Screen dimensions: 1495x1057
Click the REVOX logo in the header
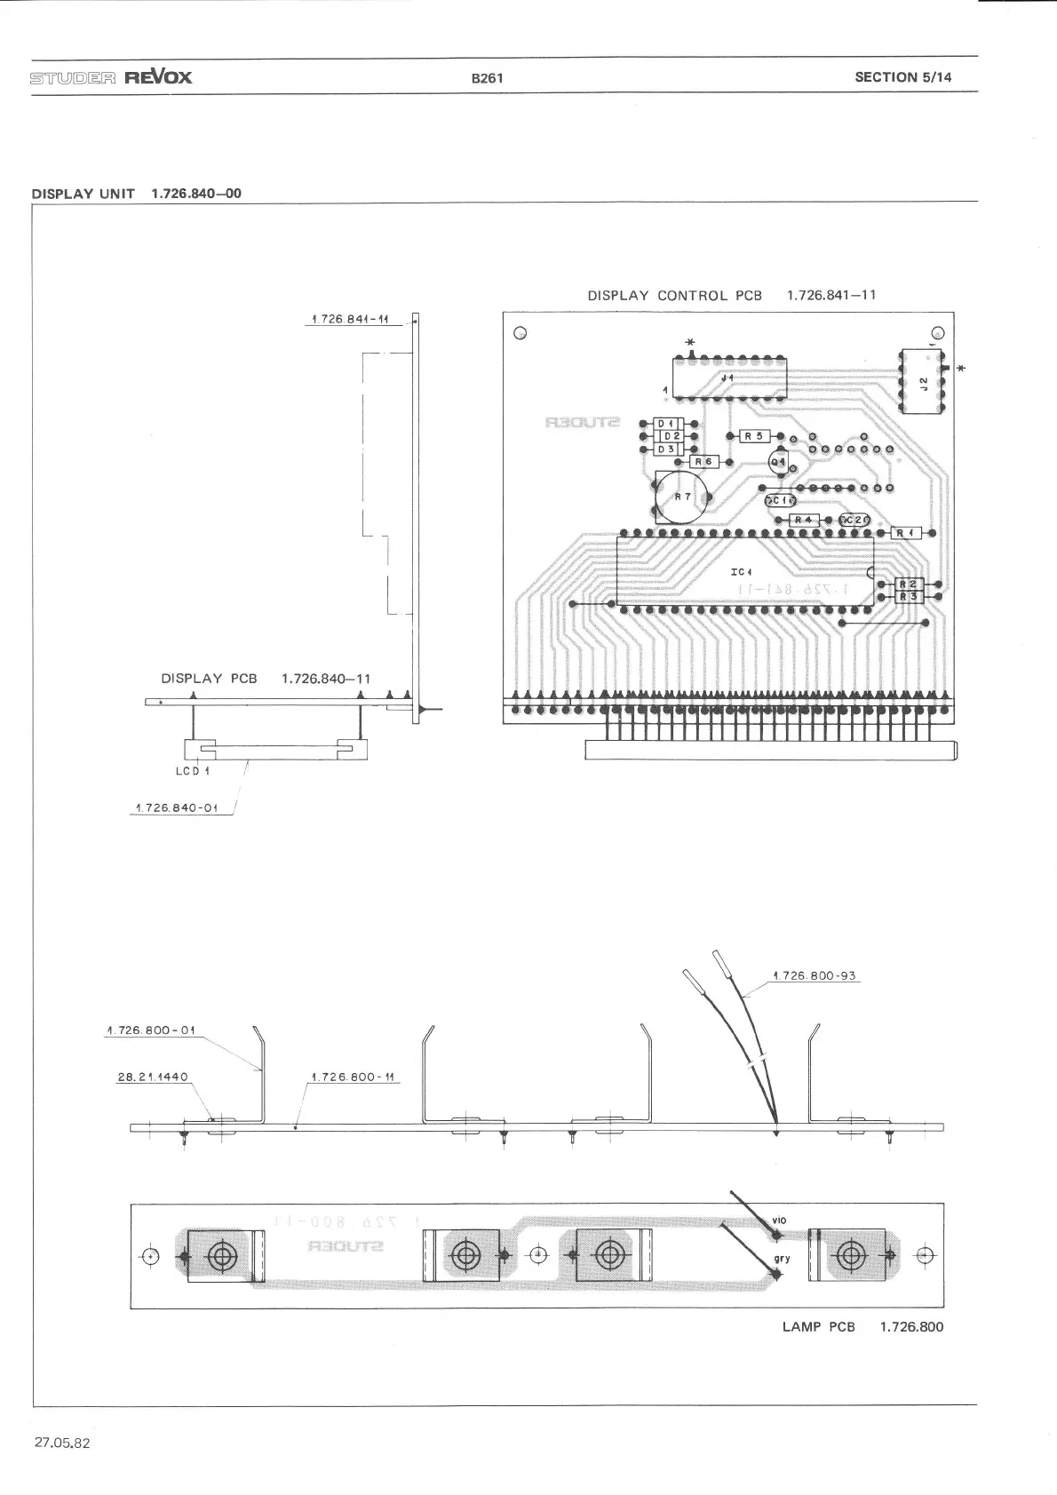157,76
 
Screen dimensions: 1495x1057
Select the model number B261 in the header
487,77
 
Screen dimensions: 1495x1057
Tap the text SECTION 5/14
902,77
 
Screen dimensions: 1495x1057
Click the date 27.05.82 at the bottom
62,1443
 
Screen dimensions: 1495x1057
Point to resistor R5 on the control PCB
753,436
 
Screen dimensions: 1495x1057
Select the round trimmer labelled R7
681,497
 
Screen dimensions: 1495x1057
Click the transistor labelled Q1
779,462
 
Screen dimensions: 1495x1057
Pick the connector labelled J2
924,382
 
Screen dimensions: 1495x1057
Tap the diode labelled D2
671,436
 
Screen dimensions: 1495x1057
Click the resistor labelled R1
904,532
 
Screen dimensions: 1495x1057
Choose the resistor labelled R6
704,462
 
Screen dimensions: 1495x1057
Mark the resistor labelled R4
803,520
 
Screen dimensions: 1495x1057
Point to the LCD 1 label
193,771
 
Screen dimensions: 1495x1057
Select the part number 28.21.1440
153,1077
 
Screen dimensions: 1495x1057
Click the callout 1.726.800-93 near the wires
815,975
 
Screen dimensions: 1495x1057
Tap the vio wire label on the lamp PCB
779,1221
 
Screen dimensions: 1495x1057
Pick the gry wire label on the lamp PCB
782,1259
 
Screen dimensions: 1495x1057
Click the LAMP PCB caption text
818,1327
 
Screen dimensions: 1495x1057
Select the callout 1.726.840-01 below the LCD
176,807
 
